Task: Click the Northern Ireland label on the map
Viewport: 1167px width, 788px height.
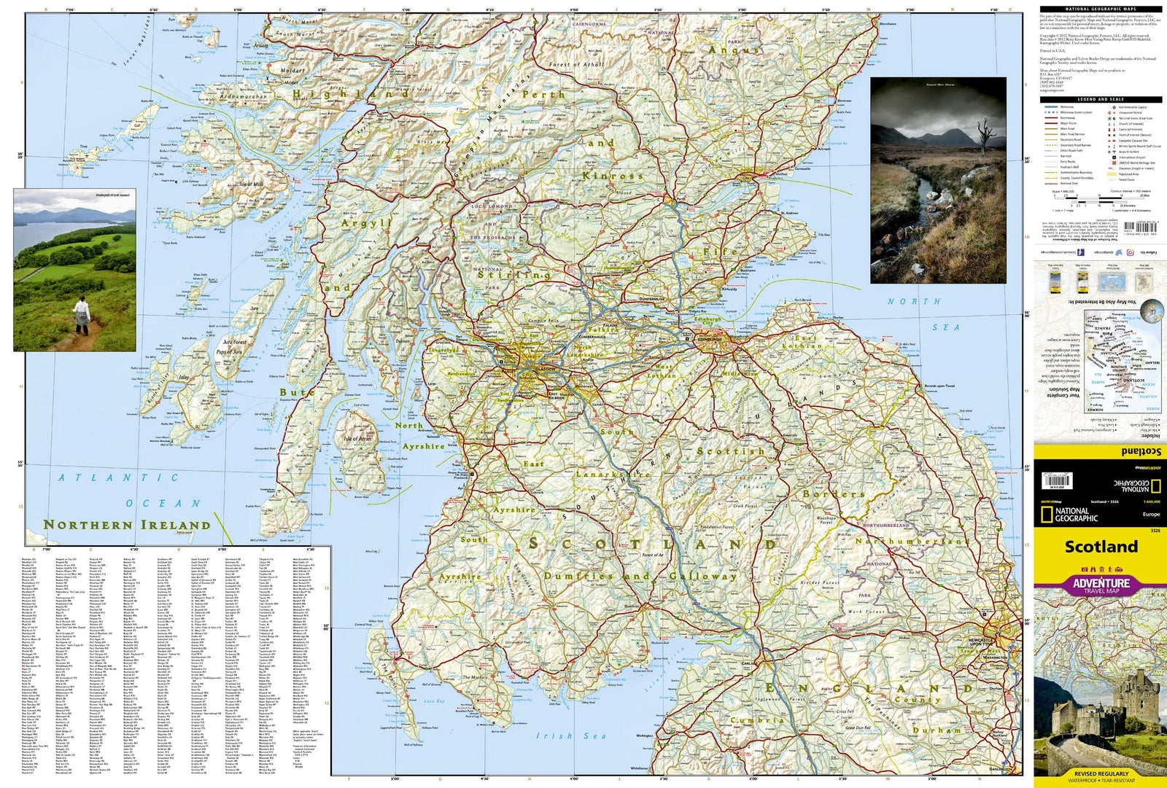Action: (127, 525)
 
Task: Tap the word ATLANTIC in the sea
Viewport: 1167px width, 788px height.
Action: (118, 478)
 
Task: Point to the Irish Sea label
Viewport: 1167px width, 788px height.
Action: (571, 736)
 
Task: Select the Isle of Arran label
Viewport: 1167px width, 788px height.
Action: (357, 439)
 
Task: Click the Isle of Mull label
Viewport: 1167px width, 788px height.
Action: (250, 184)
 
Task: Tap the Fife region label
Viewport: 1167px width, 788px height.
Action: (720, 252)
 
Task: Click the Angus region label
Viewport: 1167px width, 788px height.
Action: (734, 50)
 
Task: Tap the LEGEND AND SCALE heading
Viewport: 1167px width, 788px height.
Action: (1101, 99)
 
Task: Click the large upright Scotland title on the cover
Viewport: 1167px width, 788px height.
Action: (1101, 547)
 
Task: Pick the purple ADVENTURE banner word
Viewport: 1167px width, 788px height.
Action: (1101, 583)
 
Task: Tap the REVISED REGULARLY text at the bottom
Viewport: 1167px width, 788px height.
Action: (1101, 773)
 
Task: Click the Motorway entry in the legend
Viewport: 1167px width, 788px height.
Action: (1066, 107)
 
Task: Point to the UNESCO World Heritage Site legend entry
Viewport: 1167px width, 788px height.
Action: (1136, 163)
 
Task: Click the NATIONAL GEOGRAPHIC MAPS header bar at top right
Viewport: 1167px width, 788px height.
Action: (1101, 9)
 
